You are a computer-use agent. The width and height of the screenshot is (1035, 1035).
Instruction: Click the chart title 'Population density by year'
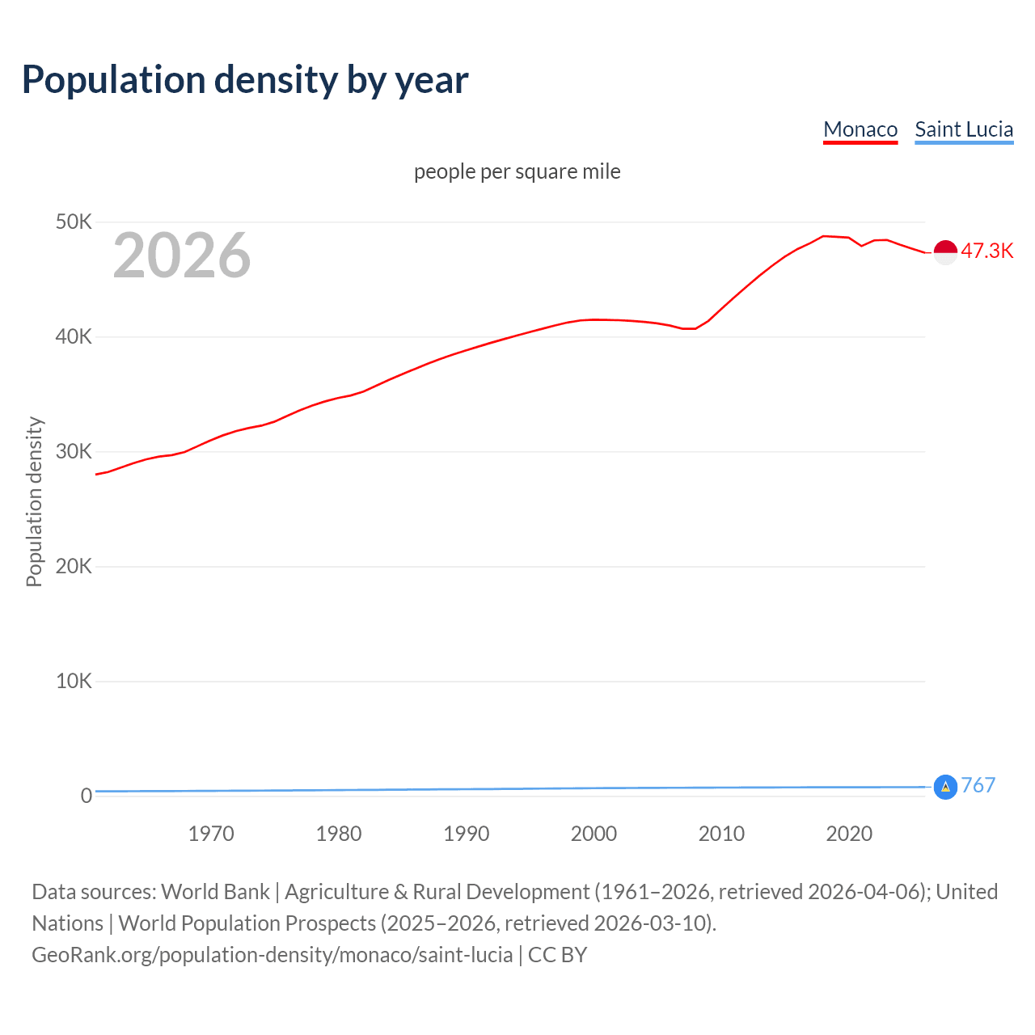[x=245, y=80]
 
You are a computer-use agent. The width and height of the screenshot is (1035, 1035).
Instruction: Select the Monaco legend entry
[x=860, y=129]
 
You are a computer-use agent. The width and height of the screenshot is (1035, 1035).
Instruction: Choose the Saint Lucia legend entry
[x=964, y=129]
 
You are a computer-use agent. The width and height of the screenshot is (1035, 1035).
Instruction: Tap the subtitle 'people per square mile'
[x=517, y=171]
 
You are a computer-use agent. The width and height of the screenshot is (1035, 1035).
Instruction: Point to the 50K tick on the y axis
[x=74, y=222]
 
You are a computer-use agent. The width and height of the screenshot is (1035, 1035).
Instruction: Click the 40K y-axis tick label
[x=74, y=336]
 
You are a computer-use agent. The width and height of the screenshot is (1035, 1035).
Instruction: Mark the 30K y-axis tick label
[x=74, y=451]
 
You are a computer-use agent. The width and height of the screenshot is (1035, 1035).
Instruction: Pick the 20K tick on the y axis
[x=74, y=566]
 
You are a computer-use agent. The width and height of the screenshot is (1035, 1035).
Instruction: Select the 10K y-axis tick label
[x=74, y=681]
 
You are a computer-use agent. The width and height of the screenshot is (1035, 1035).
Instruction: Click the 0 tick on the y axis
[x=86, y=796]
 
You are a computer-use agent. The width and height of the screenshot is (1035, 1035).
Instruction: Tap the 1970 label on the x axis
[x=211, y=834]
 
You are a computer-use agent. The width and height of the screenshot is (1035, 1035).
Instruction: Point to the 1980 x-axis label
[x=339, y=834]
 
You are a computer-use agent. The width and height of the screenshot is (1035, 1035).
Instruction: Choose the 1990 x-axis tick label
[x=467, y=834]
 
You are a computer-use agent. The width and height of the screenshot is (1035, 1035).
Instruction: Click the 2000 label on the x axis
[x=594, y=834]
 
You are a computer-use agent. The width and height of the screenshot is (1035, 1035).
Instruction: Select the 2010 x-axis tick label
[x=721, y=834]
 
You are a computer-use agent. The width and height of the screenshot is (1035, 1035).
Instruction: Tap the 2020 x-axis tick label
[x=849, y=834]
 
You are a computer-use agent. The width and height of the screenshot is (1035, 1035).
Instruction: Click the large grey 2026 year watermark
[x=182, y=256]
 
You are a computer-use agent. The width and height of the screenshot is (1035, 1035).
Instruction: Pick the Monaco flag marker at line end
[x=945, y=252]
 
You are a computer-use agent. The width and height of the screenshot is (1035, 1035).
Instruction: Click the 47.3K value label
[x=986, y=251]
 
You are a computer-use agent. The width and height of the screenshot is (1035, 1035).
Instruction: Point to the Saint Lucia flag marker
[x=945, y=786]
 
